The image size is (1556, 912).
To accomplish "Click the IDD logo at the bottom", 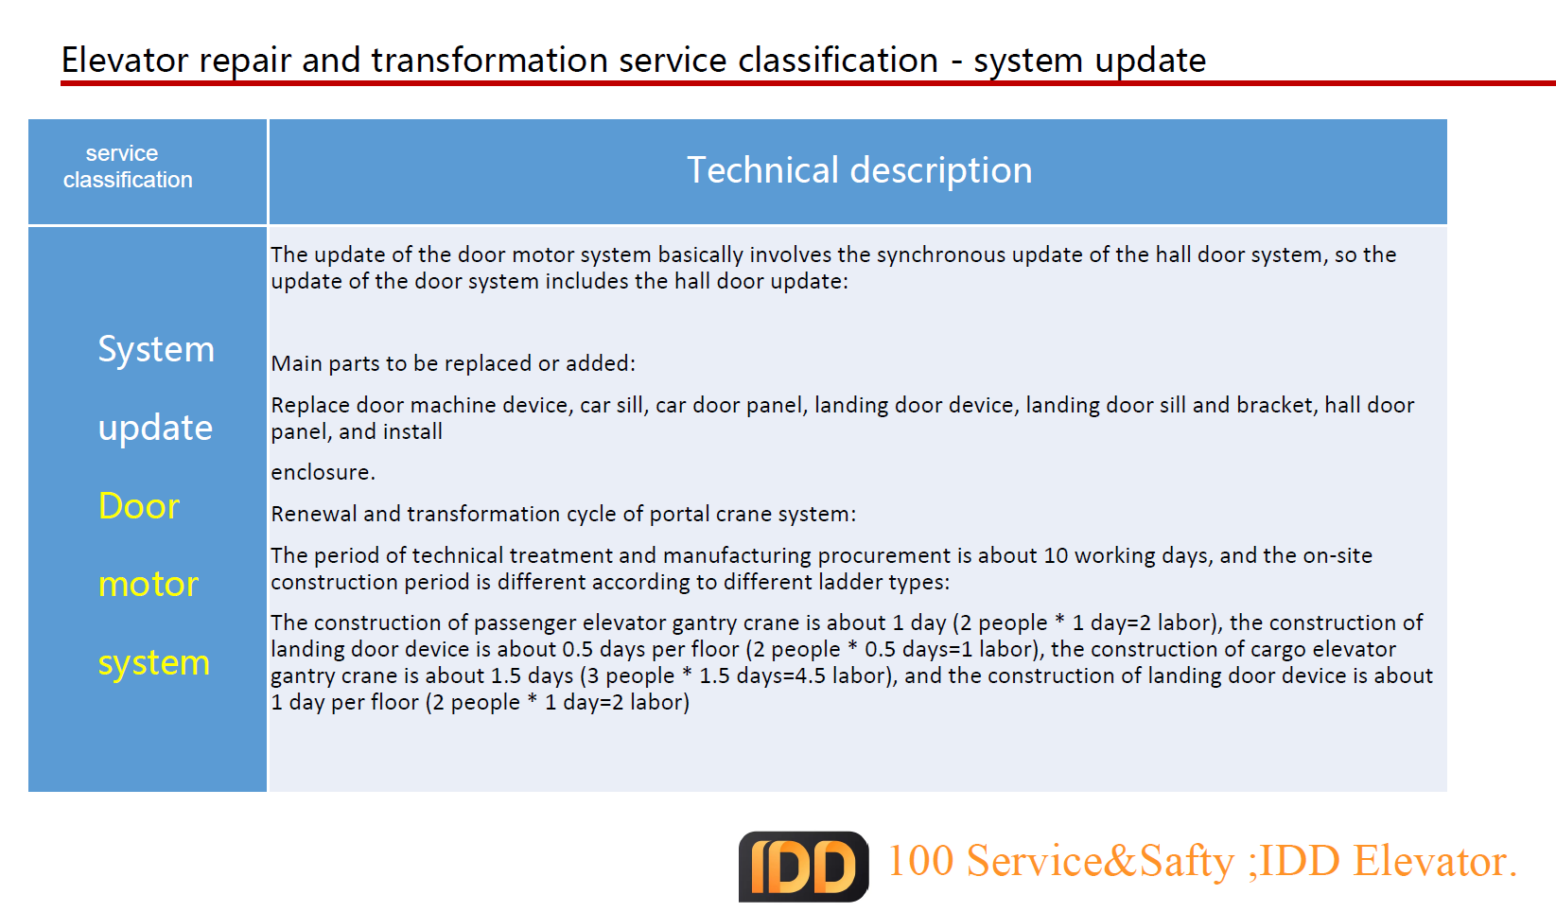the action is tap(803, 867).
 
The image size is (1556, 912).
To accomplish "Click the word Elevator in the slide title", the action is tap(125, 60).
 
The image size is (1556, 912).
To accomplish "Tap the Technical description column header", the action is tap(859, 170).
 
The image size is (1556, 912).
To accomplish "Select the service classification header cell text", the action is tap(128, 166).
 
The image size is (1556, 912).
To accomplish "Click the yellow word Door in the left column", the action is tap(139, 505).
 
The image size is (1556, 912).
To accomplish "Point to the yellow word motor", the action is tap(148, 584).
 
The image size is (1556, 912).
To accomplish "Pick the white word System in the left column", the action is tap(156, 349).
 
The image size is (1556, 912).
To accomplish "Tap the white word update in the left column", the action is tap(155, 428).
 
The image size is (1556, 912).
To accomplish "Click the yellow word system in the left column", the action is tap(153, 663).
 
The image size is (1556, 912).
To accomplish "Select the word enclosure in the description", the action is tap(323, 472).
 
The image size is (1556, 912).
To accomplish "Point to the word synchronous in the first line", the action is tap(940, 255).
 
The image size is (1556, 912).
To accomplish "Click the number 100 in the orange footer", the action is tap(921, 861).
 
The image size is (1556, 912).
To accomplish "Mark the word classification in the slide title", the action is tap(838, 60).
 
